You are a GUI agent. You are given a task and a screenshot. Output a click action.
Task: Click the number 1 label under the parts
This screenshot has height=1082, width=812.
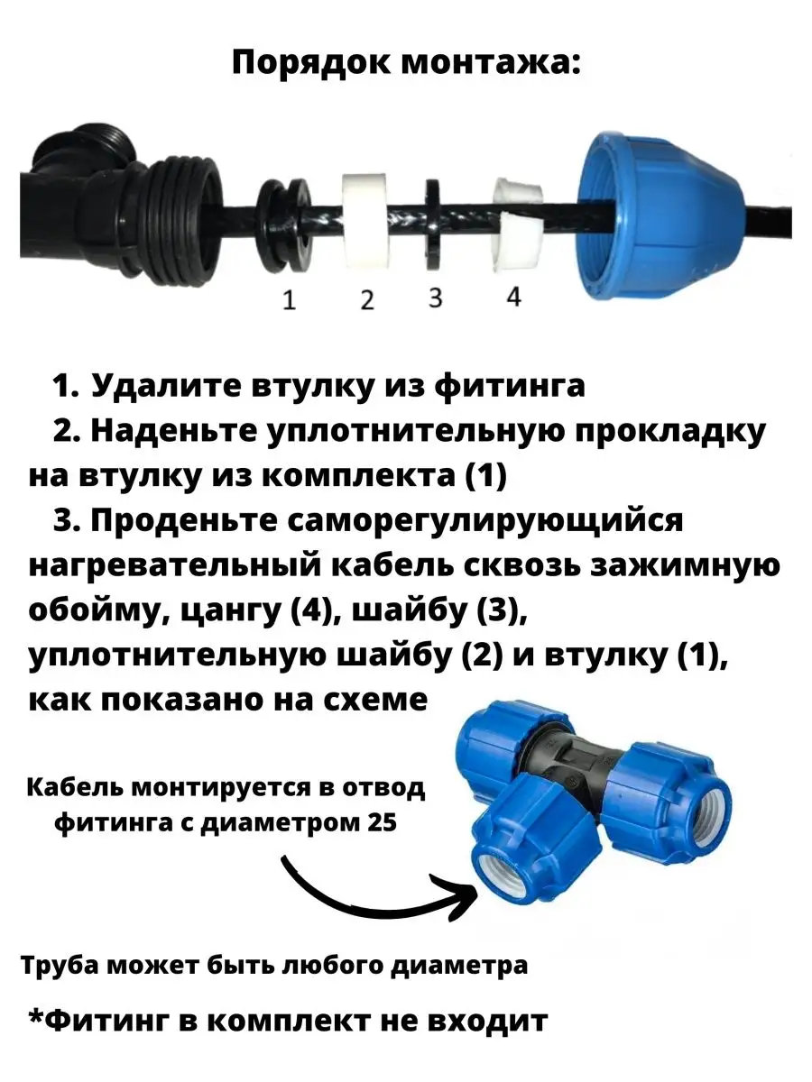tap(290, 299)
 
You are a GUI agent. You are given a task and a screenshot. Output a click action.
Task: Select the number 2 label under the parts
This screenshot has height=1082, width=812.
tap(367, 299)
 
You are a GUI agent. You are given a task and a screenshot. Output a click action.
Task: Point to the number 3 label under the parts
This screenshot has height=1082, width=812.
tap(435, 298)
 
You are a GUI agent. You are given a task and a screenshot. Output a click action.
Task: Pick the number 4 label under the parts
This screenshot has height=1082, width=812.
tap(513, 298)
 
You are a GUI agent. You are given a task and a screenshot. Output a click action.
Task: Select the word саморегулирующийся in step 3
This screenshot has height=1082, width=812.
tap(485, 522)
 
